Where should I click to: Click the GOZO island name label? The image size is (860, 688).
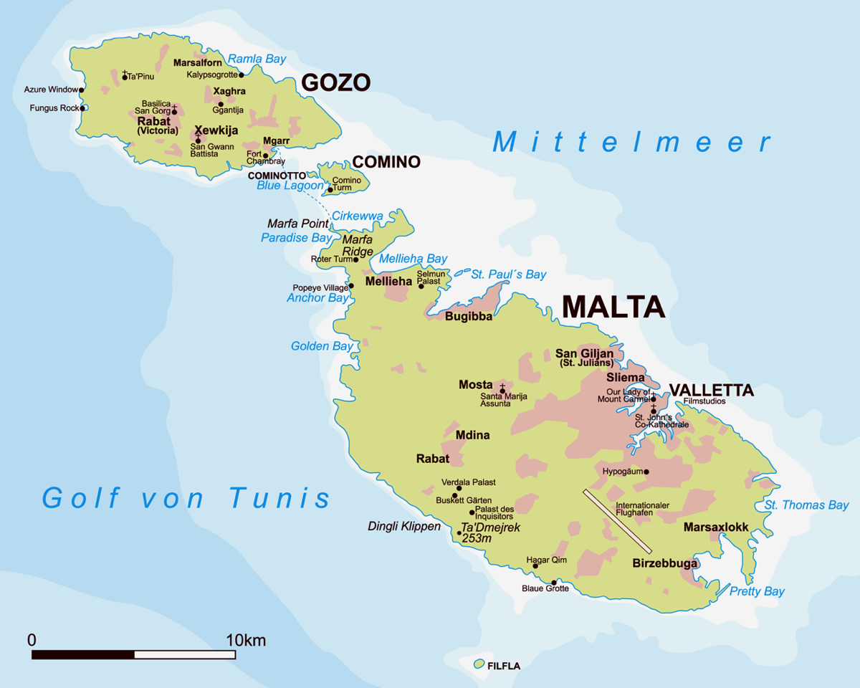[x=335, y=83]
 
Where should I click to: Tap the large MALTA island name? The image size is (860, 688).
[x=613, y=306]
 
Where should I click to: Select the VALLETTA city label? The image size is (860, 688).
[x=711, y=391]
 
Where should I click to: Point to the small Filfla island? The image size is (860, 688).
[x=479, y=664]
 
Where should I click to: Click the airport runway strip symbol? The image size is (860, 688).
[x=618, y=521]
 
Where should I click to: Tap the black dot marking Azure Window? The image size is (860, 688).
[x=82, y=90]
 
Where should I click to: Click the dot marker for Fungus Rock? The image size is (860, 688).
[x=82, y=108]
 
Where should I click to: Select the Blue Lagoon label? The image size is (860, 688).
[x=290, y=186]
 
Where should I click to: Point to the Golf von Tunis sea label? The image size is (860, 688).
[x=186, y=497]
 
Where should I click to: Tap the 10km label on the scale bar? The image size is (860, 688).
[x=245, y=640]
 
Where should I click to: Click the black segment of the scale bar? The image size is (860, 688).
[x=83, y=654]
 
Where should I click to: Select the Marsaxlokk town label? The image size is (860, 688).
[x=716, y=527]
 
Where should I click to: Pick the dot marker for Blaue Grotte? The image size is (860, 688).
[x=554, y=582]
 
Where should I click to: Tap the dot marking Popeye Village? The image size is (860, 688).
[x=351, y=286]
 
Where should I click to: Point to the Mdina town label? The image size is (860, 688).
[x=472, y=435]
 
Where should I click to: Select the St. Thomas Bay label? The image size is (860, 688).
[x=806, y=505]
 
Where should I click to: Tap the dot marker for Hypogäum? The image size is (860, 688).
[x=646, y=472]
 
